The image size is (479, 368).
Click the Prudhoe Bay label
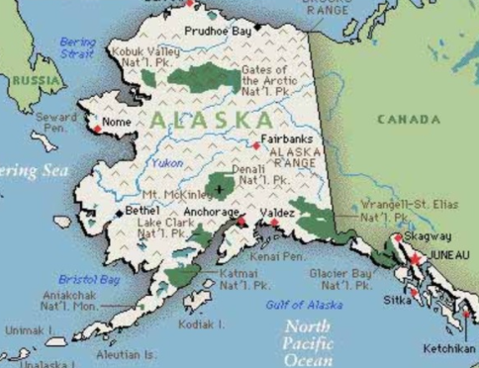coord(218,32)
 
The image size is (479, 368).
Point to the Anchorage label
coord(211,212)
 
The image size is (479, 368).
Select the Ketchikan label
coord(449,348)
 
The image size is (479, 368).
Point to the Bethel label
coord(142,211)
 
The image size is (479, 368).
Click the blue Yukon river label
coord(167,161)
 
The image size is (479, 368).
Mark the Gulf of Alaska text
coord(304,305)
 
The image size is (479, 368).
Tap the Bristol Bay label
coord(88,280)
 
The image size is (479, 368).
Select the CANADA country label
coord(408,120)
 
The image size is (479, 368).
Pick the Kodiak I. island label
coord(201,323)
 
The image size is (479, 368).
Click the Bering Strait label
coord(77,48)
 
